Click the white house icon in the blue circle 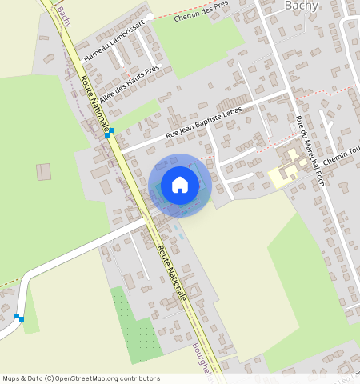point(180,185)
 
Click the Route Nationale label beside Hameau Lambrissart point(94,101)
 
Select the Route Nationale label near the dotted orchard point(172,273)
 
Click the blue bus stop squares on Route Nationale point(109,133)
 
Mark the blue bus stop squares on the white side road point(19,318)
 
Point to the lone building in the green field point(43,171)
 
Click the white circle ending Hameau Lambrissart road point(149,15)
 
